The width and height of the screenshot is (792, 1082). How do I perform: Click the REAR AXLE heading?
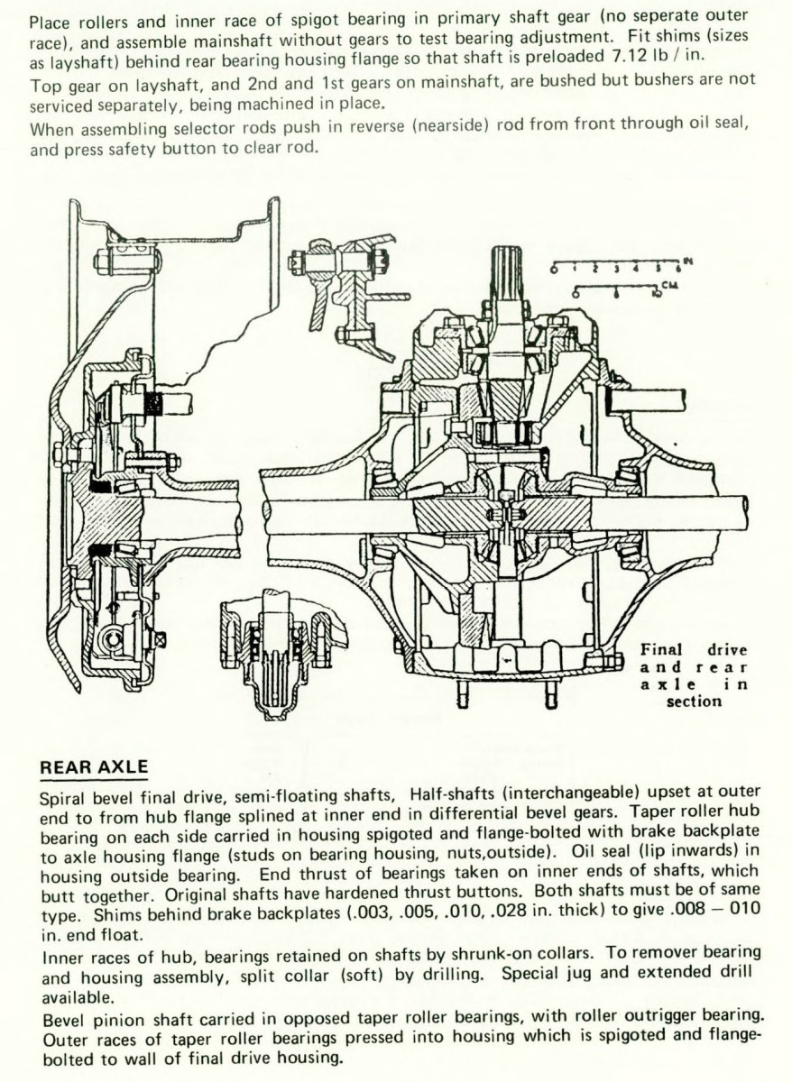coord(94,767)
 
